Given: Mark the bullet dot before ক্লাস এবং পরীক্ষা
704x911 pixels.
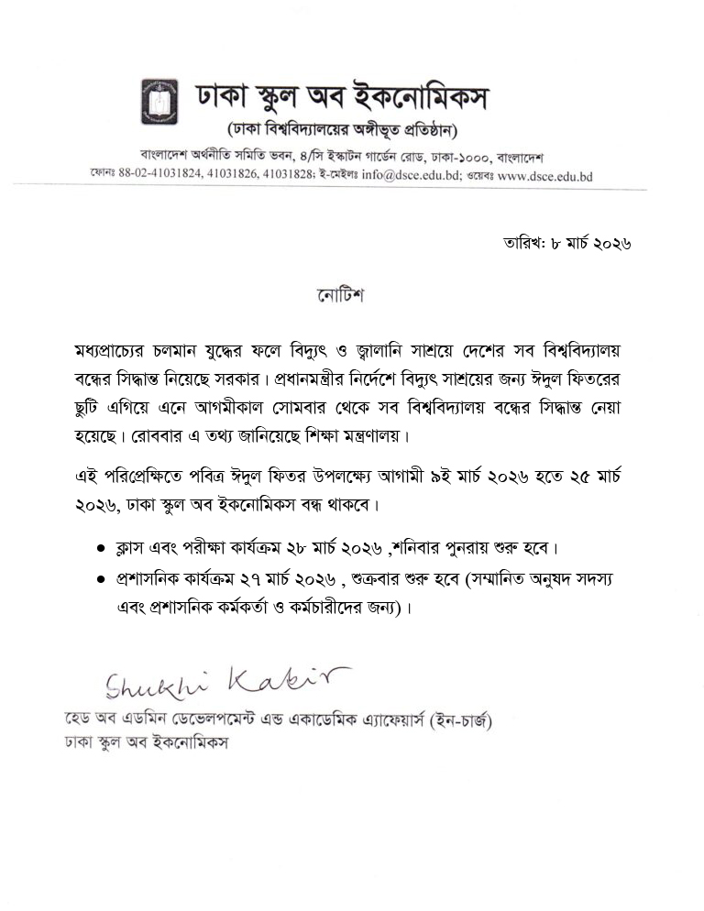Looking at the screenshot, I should point(102,548).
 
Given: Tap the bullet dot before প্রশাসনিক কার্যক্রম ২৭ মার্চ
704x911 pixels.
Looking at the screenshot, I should point(102,580).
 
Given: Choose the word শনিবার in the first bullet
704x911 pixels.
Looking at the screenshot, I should point(423,548).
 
